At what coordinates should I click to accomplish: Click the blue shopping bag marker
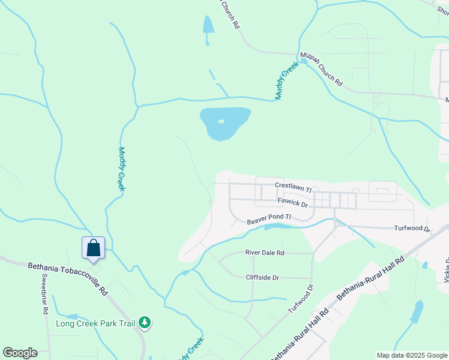click(x=94, y=248)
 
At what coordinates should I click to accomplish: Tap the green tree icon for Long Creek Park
click(x=144, y=323)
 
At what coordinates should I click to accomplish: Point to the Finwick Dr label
click(x=292, y=204)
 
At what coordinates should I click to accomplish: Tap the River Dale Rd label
click(x=265, y=253)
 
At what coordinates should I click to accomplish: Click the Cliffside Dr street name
click(x=262, y=277)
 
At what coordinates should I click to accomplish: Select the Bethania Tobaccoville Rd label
click(x=67, y=277)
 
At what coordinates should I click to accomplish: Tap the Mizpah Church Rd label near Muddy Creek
click(x=321, y=71)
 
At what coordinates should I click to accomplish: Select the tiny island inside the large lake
click(x=221, y=122)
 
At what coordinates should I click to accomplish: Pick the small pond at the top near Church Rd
click(x=208, y=25)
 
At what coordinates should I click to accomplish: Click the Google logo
click(x=20, y=353)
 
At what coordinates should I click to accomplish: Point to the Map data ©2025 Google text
click(x=411, y=355)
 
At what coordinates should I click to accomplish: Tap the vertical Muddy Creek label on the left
click(x=121, y=169)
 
